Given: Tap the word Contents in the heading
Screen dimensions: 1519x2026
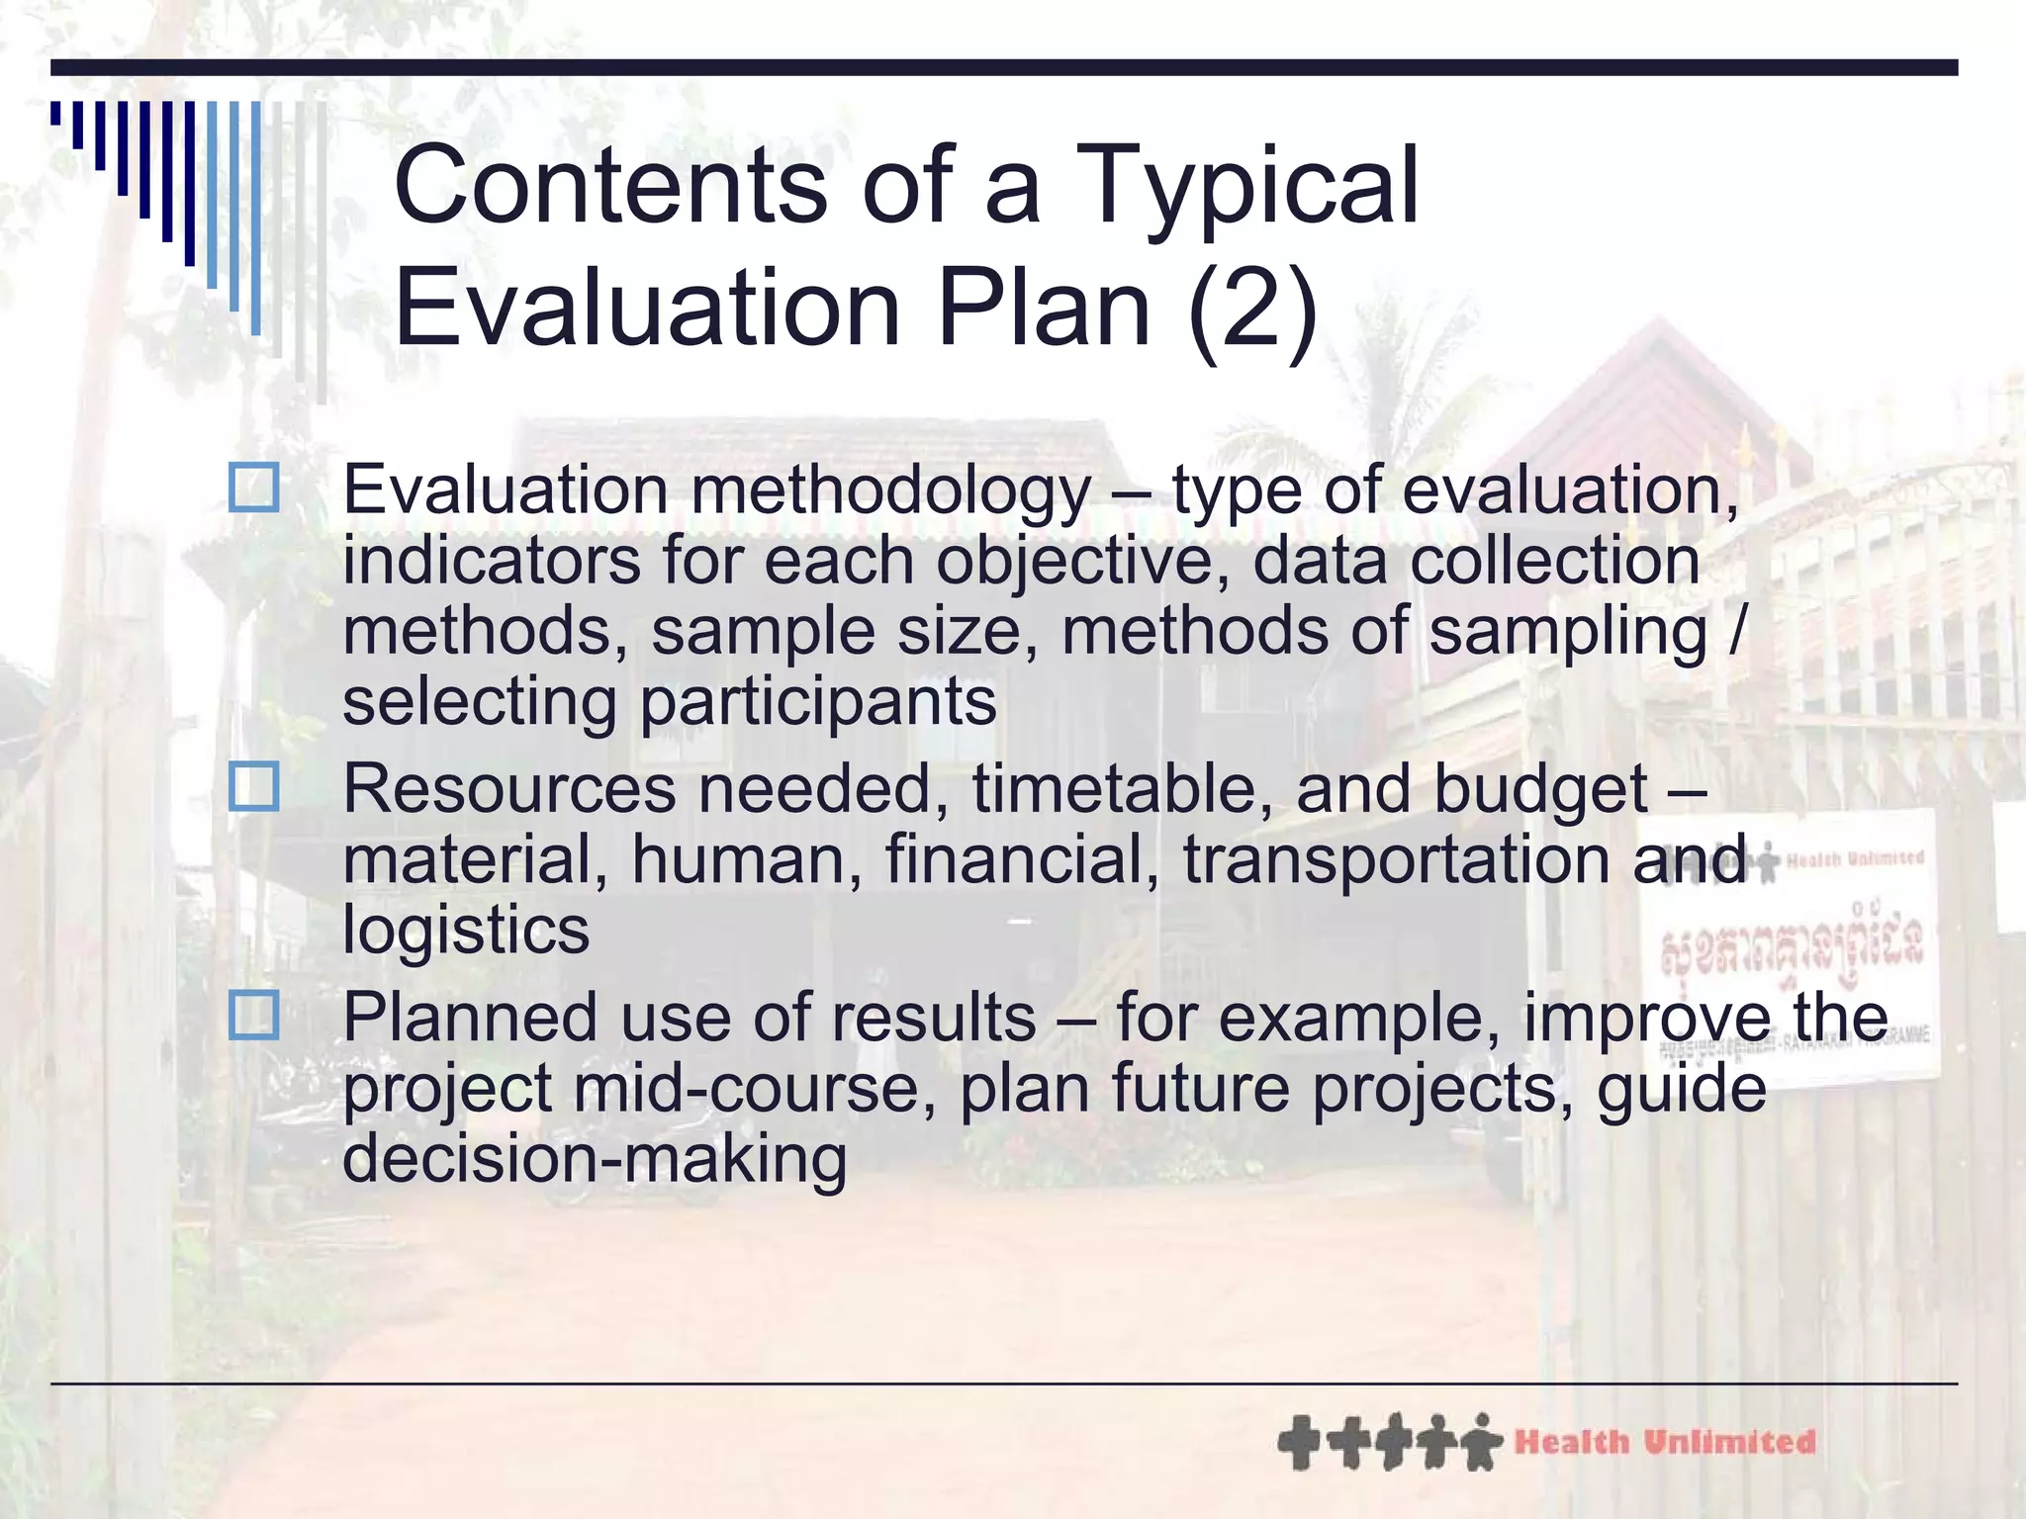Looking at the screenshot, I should (610, 186).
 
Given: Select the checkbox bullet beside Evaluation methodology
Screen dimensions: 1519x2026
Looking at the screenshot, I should (253, 488).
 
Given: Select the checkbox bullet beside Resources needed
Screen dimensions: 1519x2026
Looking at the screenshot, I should (253, 787).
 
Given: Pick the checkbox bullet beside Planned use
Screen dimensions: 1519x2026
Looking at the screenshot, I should (253, 1016).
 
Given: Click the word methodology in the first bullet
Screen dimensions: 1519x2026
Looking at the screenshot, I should (890, 491).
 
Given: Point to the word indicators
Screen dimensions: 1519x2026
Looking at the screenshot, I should (492, 561).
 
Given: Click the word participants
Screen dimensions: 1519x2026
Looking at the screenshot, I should (818, 703).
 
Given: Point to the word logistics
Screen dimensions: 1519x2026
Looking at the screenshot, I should (466, 932).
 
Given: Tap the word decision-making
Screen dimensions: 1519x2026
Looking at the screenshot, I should (594, 1159).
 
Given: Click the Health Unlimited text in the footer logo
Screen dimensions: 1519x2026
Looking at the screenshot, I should (1665, 1443).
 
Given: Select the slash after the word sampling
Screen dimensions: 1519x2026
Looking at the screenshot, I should (1736, 631).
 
